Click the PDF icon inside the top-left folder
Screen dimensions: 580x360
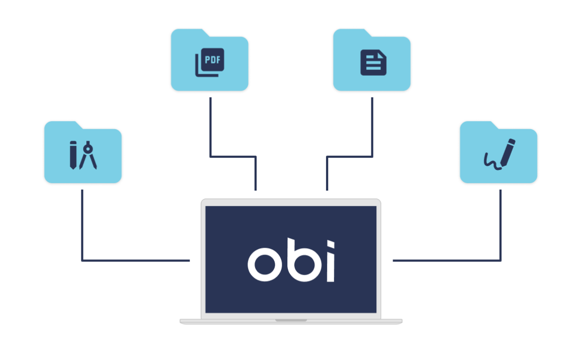[x=210, y=62]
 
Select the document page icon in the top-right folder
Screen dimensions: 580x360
[x=373, y=62]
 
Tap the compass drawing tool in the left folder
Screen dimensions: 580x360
[x=88, y=155]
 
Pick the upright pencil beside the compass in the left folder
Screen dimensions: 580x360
[x=73, y=155]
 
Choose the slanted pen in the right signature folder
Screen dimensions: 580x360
[x=508, y=152]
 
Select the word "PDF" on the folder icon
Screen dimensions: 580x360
[x=213, y=60]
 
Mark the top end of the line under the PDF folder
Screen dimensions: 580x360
[x=211, y=98]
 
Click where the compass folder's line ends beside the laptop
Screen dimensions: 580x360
[x=190, y=260]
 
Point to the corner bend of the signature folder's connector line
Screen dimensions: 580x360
[x=501, y=260]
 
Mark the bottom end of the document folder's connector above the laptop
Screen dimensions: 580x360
[x=327, y=190]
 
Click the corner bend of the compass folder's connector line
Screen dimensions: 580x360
[x=82, y=260]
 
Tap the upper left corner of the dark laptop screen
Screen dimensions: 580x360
[x=206, y=206]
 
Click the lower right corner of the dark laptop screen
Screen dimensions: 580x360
[x=376, y=313]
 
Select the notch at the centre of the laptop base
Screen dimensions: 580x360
[x=291, y=320]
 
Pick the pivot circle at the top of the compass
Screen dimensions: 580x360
[x=88, y=149]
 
